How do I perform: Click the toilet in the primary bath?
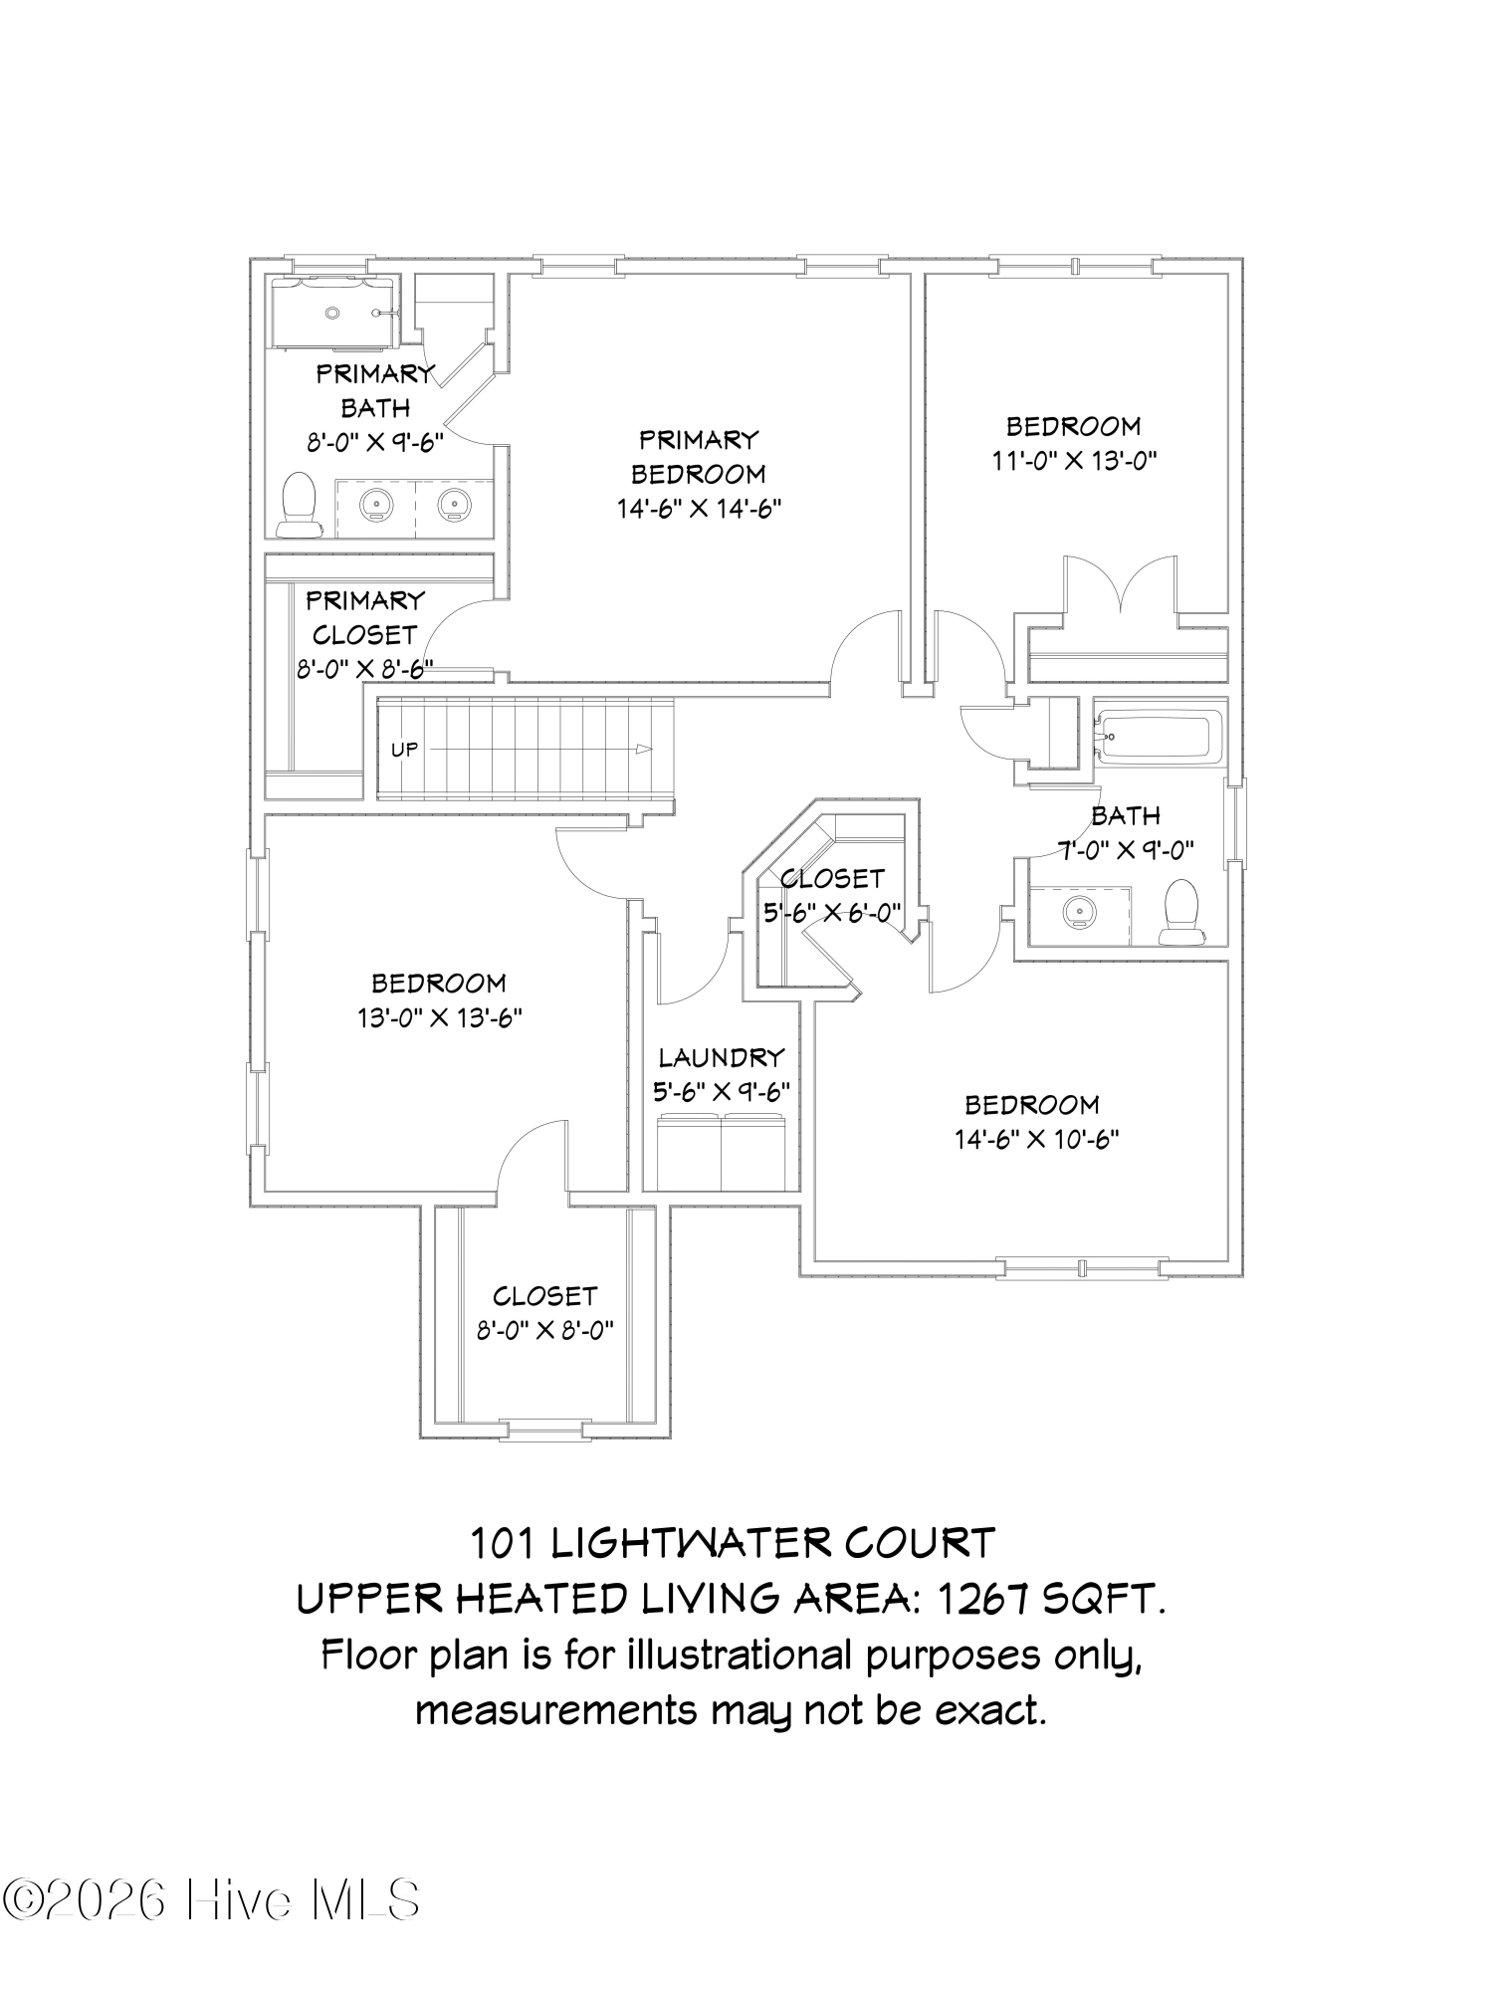click(298, 505)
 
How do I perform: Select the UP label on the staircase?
click(404, 750)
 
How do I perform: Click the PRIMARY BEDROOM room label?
click(698, 456)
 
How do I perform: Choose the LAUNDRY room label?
click(722, 1056)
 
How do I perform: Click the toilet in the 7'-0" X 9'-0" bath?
click(1181, 911)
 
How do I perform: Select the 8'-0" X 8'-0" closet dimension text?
click(544, 1330)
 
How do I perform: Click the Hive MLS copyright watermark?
click(211, 1899)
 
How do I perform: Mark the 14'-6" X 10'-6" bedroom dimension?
click(1037, 1139)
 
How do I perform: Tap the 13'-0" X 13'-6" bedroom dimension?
click(440, 1017)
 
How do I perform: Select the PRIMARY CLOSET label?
click(364, 617)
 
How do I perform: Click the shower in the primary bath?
click(334, 313)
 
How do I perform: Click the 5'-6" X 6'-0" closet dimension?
click(832, 911)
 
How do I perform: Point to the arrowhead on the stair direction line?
click(645, 750)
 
